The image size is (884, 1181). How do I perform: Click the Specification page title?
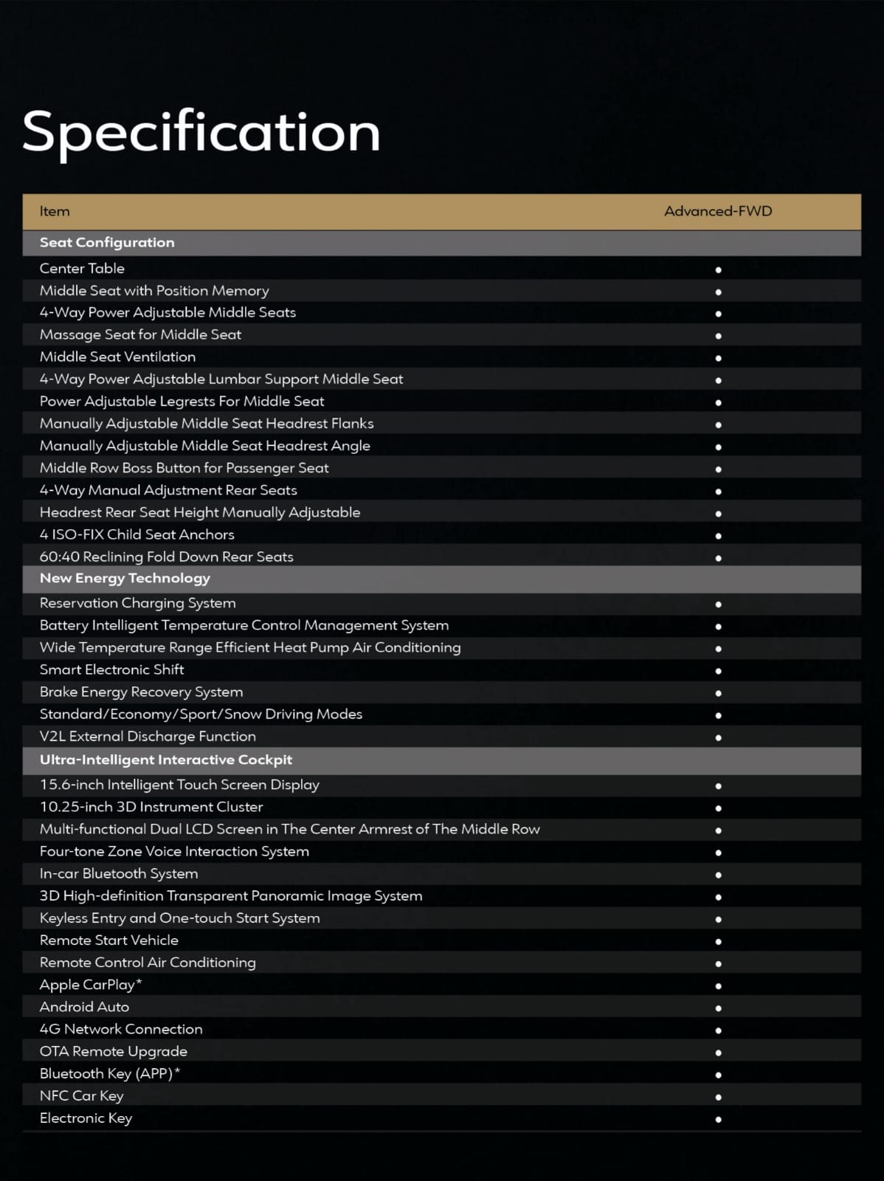[x=201, y=132]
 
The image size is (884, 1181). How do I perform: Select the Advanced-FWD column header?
[x=717, y=211]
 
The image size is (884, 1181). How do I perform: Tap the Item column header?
[x=55, y=211]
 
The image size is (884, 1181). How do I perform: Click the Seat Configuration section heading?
[x=107, y=242]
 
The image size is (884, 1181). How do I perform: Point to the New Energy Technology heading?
[x=125, y=578]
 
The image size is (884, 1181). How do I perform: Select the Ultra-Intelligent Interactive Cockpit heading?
[x=166, y=760]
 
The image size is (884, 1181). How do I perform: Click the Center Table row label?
[x=82, y=269]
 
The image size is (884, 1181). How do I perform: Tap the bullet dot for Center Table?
[x=718, y=270]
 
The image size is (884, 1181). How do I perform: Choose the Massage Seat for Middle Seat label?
[x=140, y=335]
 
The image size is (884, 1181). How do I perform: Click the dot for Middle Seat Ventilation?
[x=718, y=359]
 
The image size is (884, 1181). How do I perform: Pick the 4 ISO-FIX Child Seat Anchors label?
[x=137, y=534]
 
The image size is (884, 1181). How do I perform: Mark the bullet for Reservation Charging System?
[x=718, y=605]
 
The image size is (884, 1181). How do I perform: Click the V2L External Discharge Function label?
[x=148, y=737]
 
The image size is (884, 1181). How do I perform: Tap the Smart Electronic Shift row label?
[x=111, y=670]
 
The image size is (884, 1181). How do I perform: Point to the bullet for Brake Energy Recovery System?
[x=718, y=693]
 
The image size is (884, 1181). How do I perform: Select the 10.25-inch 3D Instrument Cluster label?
[x=151, y=808]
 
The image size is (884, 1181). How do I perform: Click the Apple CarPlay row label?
[x=91, y=985]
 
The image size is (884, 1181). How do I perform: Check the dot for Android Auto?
[x=718, y=1008]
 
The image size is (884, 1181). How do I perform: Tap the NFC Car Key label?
[x=81, y=1096]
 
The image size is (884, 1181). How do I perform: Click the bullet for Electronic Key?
[x=718, y=1120]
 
